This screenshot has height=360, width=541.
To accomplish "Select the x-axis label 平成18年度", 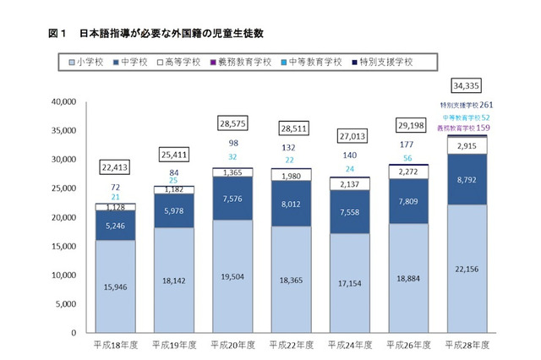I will (114, 346).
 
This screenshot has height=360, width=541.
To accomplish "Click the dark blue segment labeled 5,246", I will (114, 226).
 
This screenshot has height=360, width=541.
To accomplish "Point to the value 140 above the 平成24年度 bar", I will (348, 155).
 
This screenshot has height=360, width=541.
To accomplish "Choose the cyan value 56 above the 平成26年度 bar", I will (407, 158).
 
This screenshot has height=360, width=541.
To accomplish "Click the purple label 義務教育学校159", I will (465, 128).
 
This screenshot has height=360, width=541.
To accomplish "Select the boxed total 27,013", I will (348, 134).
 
